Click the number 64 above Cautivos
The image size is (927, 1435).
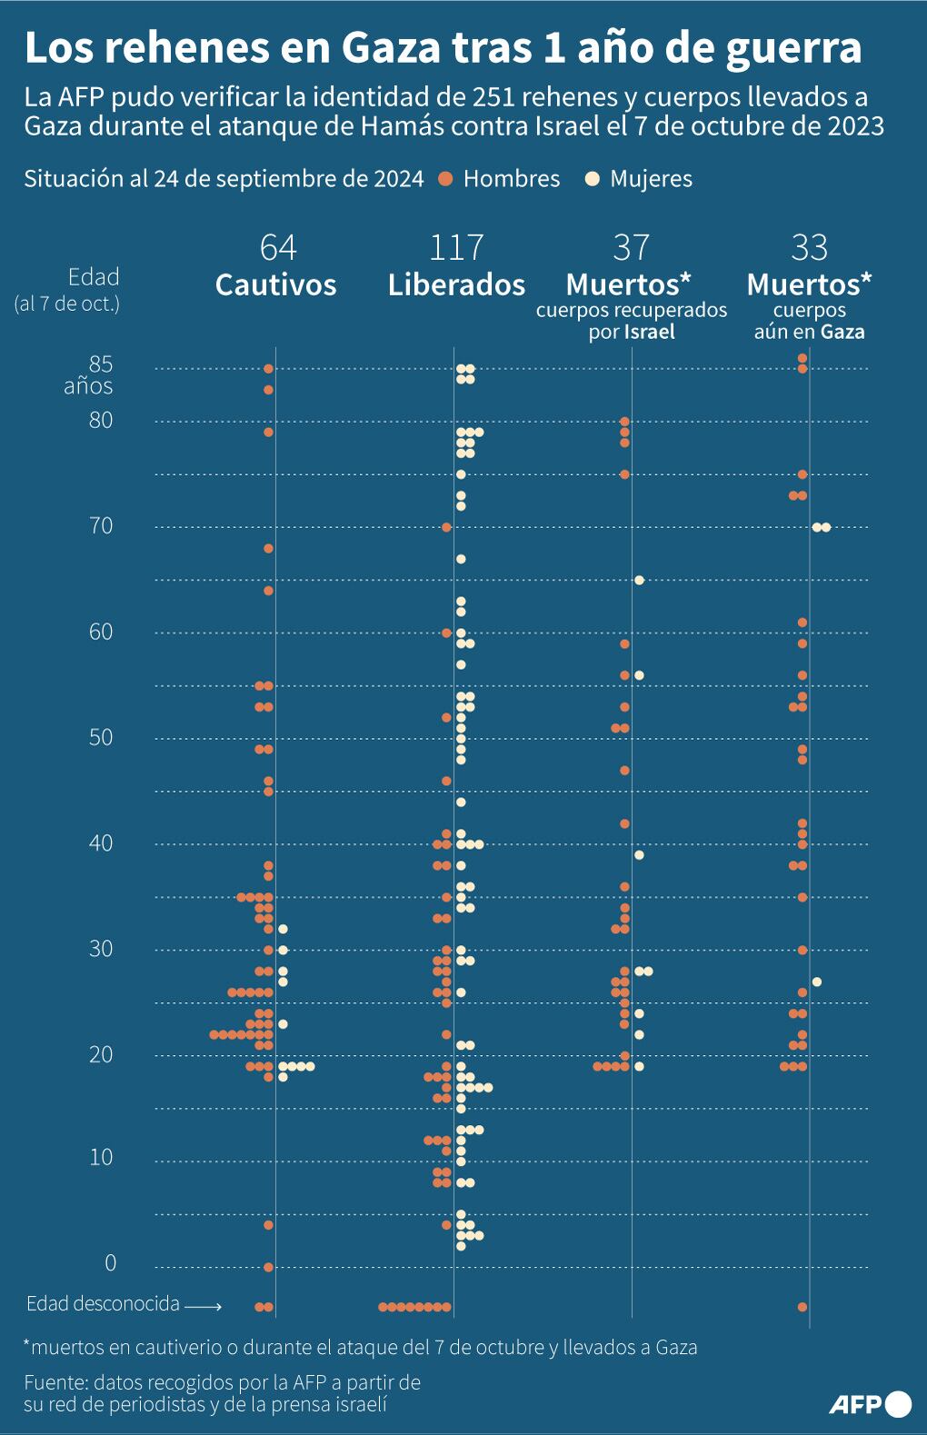pyautogui.click(x=277, y=247)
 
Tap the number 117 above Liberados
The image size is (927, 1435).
pyautogui.click(x=456, y=247)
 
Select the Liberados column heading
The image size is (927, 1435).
pyautogui.click(x=456, y=284)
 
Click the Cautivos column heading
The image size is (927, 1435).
pyautogui.click(x=275, y=284)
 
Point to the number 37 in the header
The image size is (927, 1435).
pyautogui.click(x=631, y=247)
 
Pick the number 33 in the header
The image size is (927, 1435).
pyautogui.click(x=809, y=247)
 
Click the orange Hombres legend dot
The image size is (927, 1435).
pyautogui.click(x=445, y=179)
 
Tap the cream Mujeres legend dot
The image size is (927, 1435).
pyautogui.click(x=593, y=179)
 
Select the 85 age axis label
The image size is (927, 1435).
pyautogui.click(x=101, y=364)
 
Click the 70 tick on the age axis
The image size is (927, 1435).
pyautogui.click(x=101, y=525)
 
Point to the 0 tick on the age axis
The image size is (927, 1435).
pyautogui.click(x=111, y=1262)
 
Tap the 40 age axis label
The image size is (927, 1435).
pyautogui.click(x=101, y=842)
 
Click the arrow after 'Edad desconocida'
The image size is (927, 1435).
pyautogui.click(x=203, y=1306)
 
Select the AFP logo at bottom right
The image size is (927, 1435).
pyautogui.click(x=870, y=1403)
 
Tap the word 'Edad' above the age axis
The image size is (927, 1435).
pyautogui.click(x=94, y=277)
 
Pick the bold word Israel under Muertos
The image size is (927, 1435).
pyautogui.click(x=649, y=332)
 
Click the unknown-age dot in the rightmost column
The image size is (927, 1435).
pyautogui.click(x=802, y=1307)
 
